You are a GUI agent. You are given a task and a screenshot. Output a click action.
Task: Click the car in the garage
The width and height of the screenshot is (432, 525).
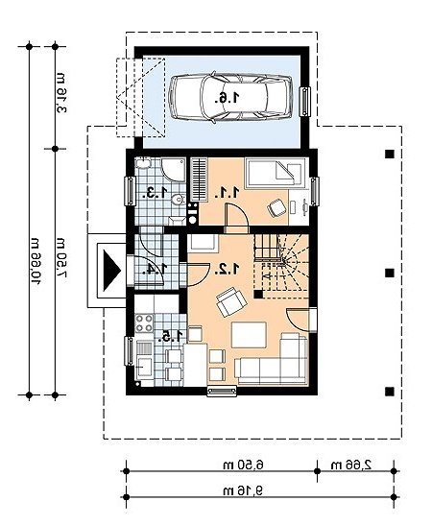click(x=230, y=98)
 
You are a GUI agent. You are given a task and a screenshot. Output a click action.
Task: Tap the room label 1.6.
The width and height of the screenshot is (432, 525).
click(x=228, y=98)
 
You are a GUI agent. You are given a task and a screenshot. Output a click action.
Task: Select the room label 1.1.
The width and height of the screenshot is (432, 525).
click(x=228, y=193)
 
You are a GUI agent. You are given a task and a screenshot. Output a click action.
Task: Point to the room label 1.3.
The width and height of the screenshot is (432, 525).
click(x=156, y=193)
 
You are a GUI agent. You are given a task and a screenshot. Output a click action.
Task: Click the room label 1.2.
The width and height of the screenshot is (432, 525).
click(x=228, y=269)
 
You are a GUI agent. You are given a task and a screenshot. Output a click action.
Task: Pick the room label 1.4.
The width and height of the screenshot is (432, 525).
click(x=156, y=269)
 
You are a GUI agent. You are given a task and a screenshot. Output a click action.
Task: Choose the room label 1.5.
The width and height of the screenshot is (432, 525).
click(x=172, y=336)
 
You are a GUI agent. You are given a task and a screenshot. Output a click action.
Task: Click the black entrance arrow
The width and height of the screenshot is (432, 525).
click(x=112, y=271)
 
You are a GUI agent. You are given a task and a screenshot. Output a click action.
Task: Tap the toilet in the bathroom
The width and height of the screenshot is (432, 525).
click(x=179, y=200)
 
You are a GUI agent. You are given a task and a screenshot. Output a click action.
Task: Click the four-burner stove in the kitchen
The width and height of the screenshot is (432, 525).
click(x=144, y=323)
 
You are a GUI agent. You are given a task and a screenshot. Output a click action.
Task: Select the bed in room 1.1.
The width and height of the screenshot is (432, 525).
click(x=276, y=173)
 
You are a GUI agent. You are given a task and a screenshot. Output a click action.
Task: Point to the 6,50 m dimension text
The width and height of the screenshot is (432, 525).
click(x=244, y=465)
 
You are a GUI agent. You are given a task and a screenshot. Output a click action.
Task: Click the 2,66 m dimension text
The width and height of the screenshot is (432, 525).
click(x=351, y=465)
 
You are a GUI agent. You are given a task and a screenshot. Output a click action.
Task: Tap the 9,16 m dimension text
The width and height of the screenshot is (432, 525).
click(x=243, y=490)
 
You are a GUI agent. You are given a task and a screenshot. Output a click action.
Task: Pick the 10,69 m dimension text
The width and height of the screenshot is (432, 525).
click(x=36, y=261)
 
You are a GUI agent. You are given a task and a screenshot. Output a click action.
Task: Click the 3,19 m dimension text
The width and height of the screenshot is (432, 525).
click(x=60, y=93)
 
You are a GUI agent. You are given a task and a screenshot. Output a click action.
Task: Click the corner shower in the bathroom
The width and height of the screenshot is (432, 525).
click(x=173, y=170)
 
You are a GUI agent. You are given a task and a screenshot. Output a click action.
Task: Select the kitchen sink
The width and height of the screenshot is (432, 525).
click(x=144, y=360)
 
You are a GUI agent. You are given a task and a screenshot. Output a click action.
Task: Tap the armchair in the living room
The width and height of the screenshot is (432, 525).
click(x=231, y=301)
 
